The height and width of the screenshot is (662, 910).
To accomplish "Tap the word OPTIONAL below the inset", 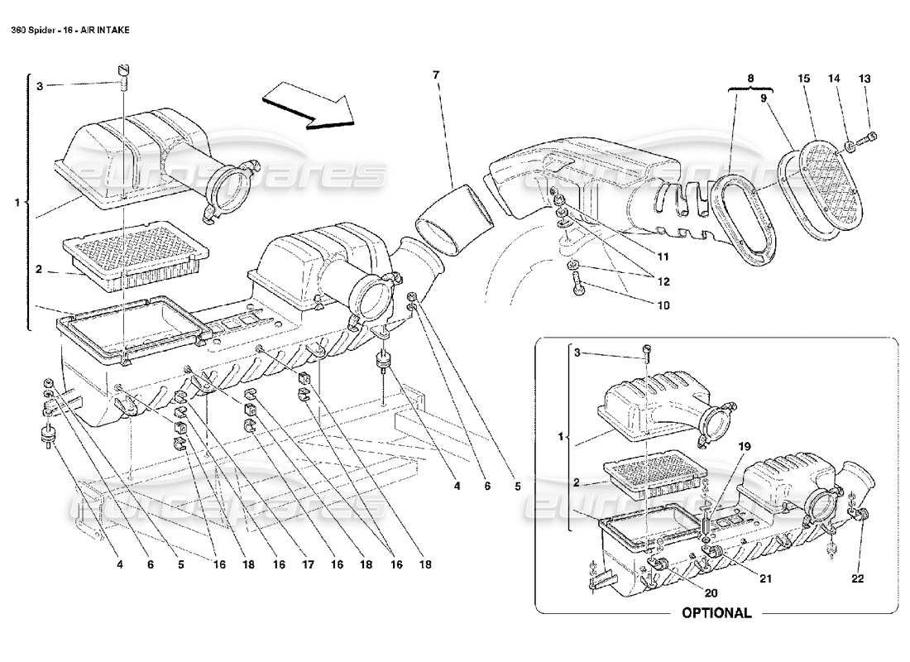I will point(716,613).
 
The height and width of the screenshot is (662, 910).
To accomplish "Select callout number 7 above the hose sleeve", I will point(435,75).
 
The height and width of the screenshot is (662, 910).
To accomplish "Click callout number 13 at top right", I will point(864,79).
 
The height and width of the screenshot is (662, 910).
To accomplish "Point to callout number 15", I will point(802,79).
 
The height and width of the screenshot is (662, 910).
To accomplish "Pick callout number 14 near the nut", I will point(834,79).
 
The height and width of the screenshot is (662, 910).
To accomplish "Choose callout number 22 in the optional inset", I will point(856,578).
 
